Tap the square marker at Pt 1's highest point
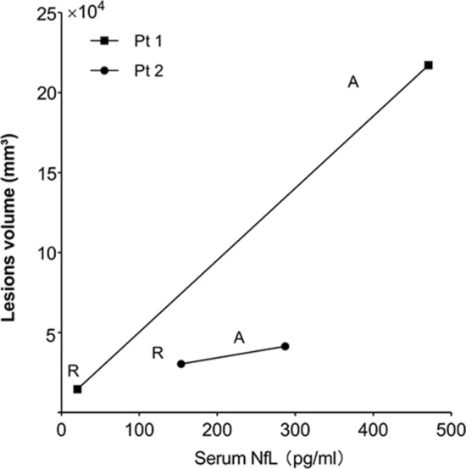429,65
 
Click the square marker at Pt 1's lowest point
77,389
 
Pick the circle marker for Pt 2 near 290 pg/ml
286,346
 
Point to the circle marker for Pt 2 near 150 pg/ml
180,364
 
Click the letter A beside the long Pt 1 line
353,82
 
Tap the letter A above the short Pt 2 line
239,338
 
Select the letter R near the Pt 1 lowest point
74,370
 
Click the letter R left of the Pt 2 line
157,352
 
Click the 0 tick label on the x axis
61,430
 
